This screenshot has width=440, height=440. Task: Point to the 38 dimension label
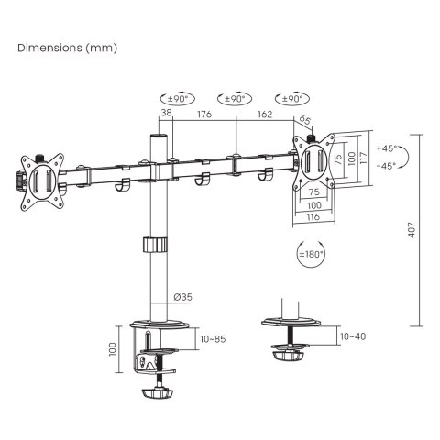click(x=165, y=115)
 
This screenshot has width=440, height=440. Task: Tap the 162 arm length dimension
click(x=265, y=115)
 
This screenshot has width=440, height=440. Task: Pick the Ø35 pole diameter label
click(x=182, y=296)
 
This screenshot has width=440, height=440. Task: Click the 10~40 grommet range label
click(x=353, y=337)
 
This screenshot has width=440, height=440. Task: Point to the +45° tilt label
click(x=386, y=148)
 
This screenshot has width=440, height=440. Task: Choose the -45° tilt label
click(x=386, y=165)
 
